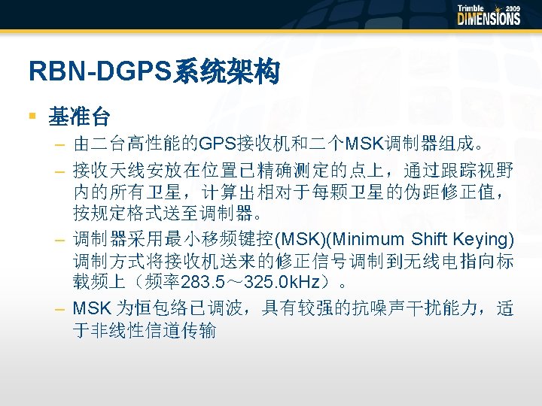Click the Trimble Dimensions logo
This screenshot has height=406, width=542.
[489, 15]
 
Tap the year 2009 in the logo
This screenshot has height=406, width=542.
[512, 8]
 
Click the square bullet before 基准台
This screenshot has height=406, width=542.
[32, 116]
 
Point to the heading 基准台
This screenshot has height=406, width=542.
[79, 117]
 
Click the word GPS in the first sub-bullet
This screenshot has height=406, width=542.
[214, 142]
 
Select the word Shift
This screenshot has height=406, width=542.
[430, 240]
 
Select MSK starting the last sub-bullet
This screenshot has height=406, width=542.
[89, 308]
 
